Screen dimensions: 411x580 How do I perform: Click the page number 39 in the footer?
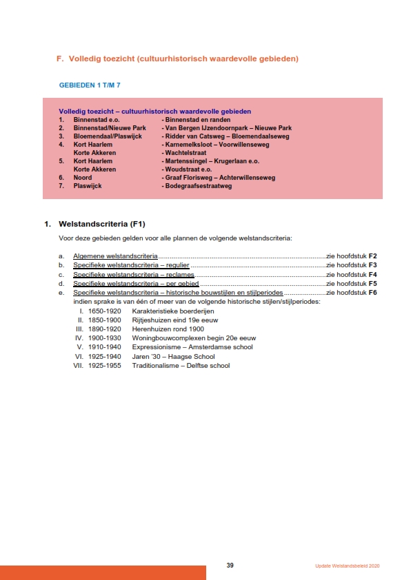click(230, 565)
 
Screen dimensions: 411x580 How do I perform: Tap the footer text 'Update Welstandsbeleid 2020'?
click(348, 566)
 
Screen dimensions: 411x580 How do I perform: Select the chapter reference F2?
click(372, 256)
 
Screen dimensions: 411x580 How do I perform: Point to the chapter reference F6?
click(372, 293)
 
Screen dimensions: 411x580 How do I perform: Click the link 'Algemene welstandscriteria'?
click(116, 256)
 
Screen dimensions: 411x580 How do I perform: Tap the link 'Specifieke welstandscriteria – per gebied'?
click(136, 283)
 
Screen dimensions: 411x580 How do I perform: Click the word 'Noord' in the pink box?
click(83, 178)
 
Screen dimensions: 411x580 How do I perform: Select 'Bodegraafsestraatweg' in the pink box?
click(197, 186)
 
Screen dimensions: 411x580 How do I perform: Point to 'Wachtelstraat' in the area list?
click(186, 153)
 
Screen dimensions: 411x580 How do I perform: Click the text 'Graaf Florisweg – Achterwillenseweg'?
click(219, 178)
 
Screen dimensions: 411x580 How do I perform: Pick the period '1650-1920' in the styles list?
click(104, 311)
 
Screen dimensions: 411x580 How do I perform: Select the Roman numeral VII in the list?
click(78, 365)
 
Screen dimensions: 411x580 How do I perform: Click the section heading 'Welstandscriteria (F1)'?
click(102, 224)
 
